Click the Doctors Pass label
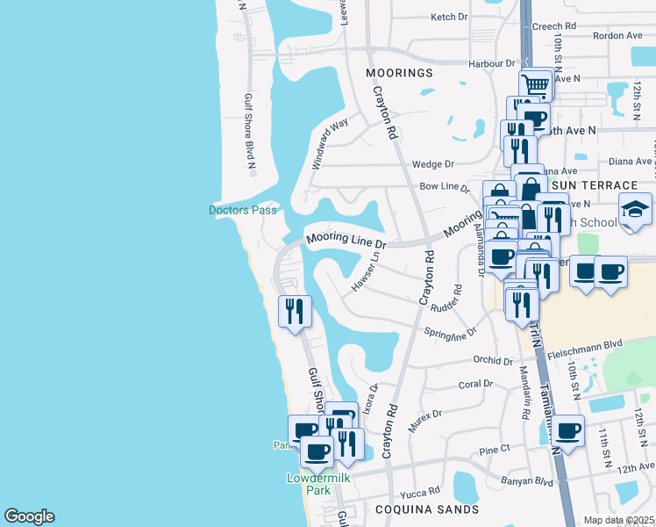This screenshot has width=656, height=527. (243, 210)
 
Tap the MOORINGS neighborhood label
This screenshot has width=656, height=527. (400, 73)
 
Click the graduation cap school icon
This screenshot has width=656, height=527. (635, 211)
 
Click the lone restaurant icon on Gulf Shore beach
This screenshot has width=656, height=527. (294, 311)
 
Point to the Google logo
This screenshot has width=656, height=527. (29, 516)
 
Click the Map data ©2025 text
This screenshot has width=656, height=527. (618, 520)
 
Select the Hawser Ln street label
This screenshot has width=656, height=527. (366, 271)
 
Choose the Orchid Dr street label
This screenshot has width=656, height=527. (492, 360)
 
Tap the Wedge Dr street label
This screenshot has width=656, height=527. (433, 164)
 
